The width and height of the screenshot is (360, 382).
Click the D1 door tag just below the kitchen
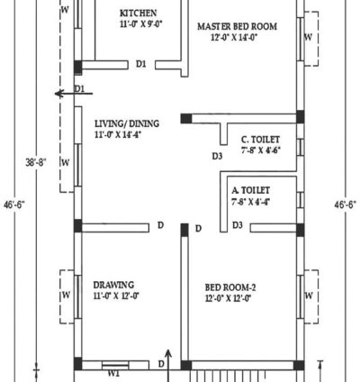click(x=141, y=64)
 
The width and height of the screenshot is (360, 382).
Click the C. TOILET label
click(x=258, y=140)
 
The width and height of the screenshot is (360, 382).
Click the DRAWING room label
click(x=114, y=283)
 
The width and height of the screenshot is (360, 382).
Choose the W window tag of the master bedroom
click(x=309, y=38)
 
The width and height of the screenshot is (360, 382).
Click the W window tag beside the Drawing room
click(x=66, y=295)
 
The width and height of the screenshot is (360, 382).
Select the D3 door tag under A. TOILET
click(x=238, y=225)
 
